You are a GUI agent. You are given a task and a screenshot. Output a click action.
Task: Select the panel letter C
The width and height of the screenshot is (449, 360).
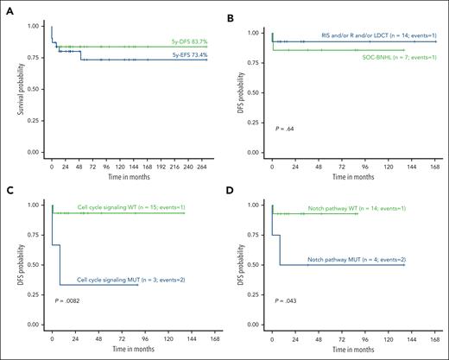pos(8,186)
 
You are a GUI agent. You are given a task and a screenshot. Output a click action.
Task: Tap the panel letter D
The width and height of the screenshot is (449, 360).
pos(235,186)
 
